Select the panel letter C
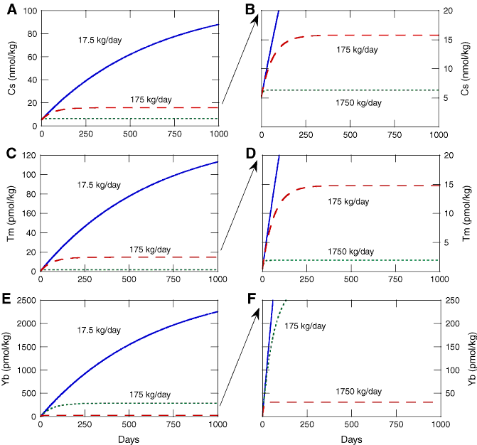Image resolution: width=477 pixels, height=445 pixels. (x=11, y=153)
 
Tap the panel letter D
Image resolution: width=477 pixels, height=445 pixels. (x=250, y=153)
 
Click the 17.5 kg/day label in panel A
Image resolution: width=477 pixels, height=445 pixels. (x=100, y=41)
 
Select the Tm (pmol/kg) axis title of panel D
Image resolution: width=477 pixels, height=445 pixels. (x=468, y=213)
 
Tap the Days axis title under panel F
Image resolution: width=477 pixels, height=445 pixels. (x=351, y=440)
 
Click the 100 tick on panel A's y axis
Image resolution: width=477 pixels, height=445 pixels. (x=27, y=11)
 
